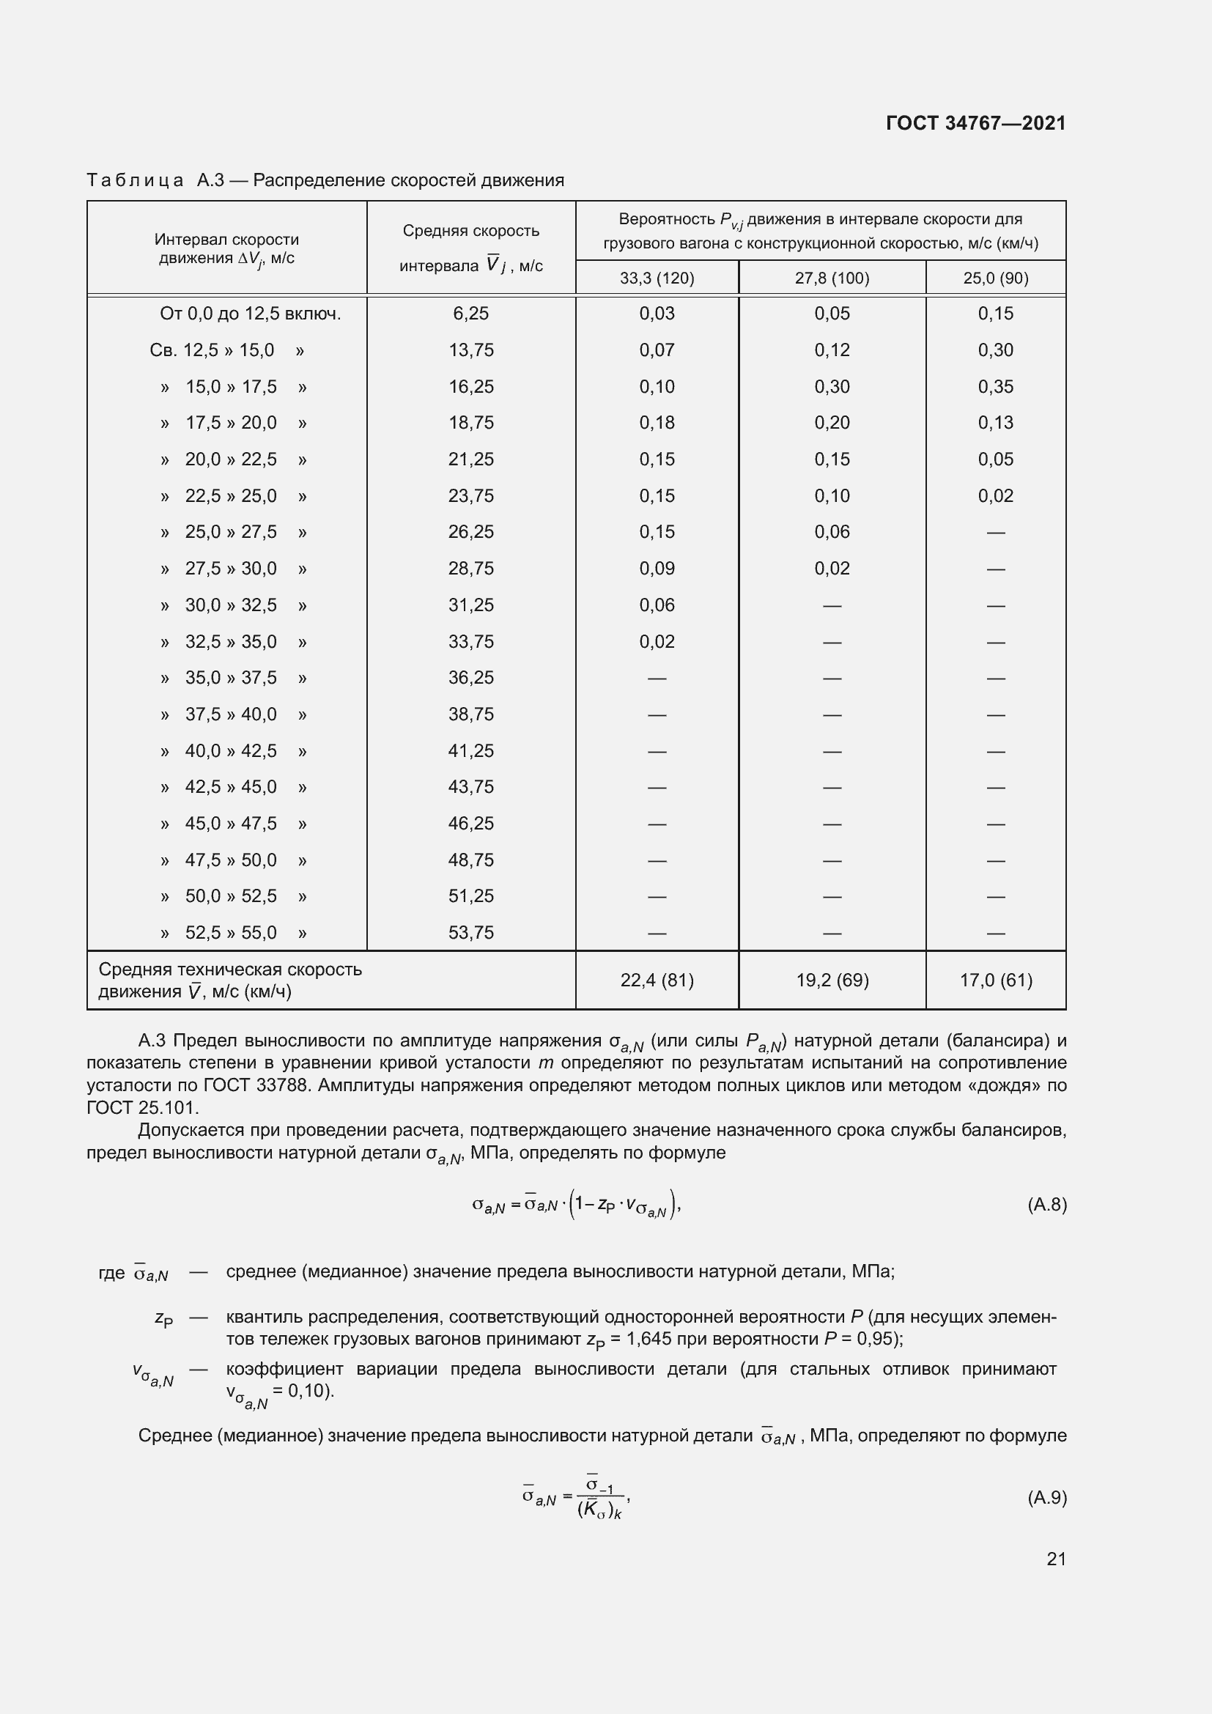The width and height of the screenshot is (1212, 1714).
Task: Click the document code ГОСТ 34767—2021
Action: (975, 123)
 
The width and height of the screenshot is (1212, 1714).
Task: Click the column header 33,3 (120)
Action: (657, 278)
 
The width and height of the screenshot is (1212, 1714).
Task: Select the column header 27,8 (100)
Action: (832, 278)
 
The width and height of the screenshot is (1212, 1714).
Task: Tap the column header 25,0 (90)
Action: (996, 278)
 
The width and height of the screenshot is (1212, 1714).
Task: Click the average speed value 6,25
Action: (471, 314)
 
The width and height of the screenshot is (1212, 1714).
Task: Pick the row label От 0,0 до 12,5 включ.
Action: (250, 314)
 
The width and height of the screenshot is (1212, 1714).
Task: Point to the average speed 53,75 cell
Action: (471, 932)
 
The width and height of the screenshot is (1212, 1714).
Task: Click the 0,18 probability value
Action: (657, 423)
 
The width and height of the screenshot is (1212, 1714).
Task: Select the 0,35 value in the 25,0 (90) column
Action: (996, 387)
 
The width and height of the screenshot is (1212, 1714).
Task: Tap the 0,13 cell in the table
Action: (996, 423)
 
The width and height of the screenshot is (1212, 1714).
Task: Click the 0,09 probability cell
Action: (657, 568)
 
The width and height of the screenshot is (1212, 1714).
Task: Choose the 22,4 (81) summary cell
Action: (657, 980)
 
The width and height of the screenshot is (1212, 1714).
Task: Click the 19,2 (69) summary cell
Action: (832, 980)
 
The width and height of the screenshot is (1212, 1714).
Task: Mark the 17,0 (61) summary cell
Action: (996, 980)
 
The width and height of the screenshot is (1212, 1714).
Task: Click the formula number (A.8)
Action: (1046, 1204)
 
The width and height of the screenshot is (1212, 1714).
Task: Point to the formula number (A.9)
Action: (1046, 1498)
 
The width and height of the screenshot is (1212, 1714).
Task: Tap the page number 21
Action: (1056, 1559)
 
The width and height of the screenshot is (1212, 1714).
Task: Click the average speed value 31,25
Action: (471, 605)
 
